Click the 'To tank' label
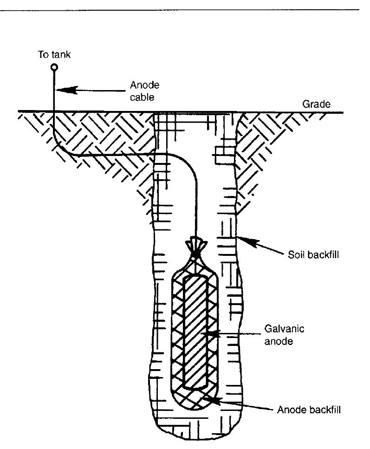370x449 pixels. [x=54, y=55]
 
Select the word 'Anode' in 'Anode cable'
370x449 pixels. [x=144, y=85]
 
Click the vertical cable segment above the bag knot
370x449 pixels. [x=197, y=204]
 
